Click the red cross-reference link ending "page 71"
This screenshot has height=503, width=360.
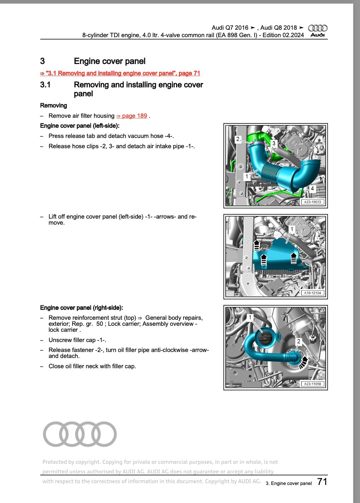(120, 73)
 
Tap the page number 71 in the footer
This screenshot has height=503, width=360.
(322, 482)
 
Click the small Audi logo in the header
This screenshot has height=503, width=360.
(318, 31)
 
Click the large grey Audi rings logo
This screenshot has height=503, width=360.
(80, 434)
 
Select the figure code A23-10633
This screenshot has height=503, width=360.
(312, 202)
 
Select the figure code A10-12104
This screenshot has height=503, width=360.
(312, 293)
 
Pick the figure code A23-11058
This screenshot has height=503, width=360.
(312, 384)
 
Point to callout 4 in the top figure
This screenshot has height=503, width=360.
(312, 189)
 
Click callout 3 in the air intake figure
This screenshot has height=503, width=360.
(273, 143)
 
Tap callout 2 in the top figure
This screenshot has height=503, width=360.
(238, 139)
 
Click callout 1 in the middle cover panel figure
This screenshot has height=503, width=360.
(291, 230)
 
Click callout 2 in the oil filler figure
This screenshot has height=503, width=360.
(298, 341)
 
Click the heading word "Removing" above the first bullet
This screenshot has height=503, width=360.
(53, 105)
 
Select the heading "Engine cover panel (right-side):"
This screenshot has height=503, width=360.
(82, 308)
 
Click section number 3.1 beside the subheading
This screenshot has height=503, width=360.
(46, 85)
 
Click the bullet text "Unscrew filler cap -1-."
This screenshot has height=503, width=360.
(77, 340)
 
